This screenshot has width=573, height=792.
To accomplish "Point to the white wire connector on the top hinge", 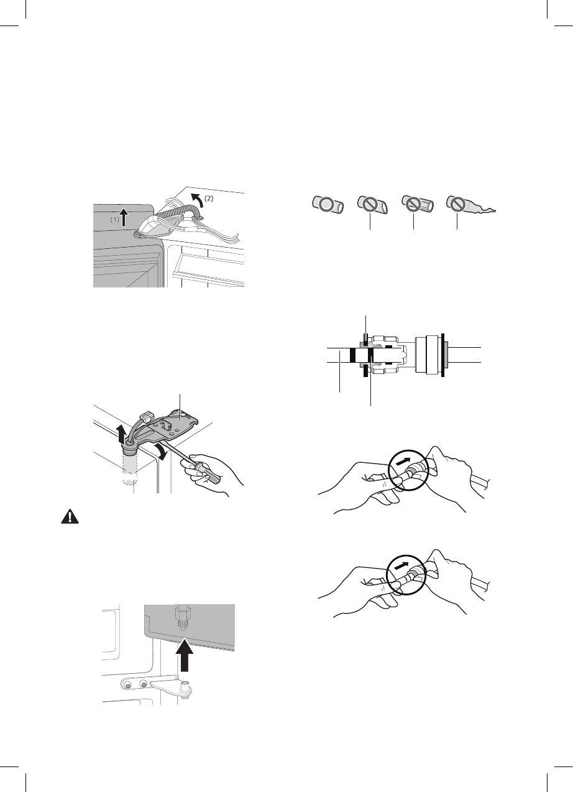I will (x=148, y=412).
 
